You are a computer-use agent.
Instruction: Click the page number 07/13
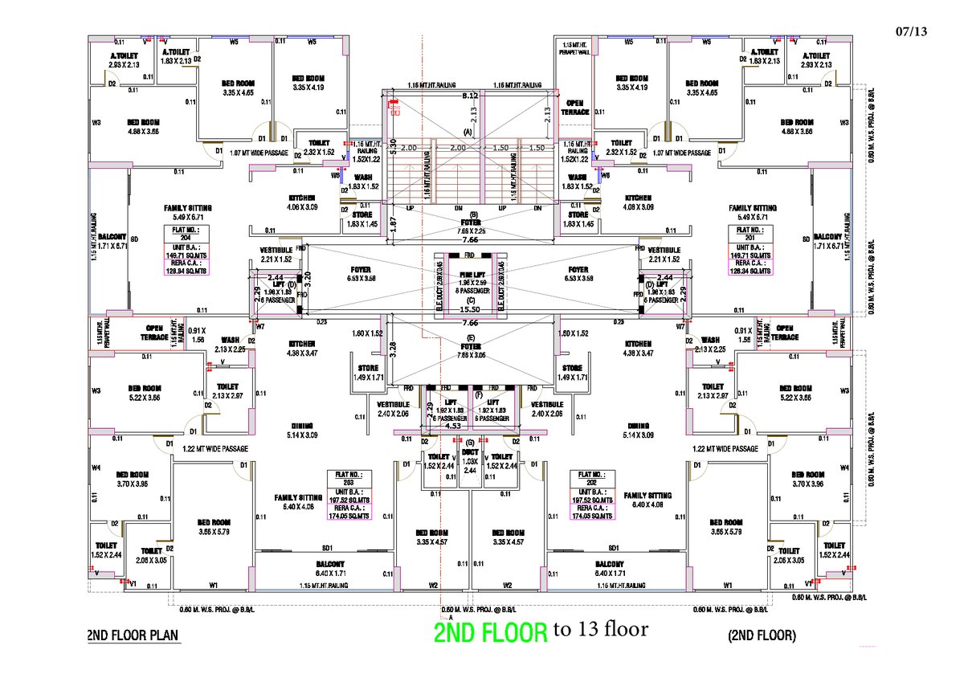(x=909, y=32)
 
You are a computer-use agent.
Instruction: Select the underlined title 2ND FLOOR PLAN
(x=133, y=635)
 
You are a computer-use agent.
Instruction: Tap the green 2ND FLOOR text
(x=491, y=632)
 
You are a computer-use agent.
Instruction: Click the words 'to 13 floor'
(x=600, y=629)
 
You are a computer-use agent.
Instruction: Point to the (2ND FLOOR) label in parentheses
(x=762, y=635)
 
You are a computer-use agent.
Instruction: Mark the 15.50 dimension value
(x=471, y=308)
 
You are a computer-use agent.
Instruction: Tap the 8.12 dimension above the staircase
(x=471, y=96)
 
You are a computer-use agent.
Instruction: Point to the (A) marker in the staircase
(x=467, y=131)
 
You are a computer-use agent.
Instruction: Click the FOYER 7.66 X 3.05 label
(x=471, y=351)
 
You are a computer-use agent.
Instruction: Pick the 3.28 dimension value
(x=393, y=347)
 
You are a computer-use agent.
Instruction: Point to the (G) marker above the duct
(x=470, y=443)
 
